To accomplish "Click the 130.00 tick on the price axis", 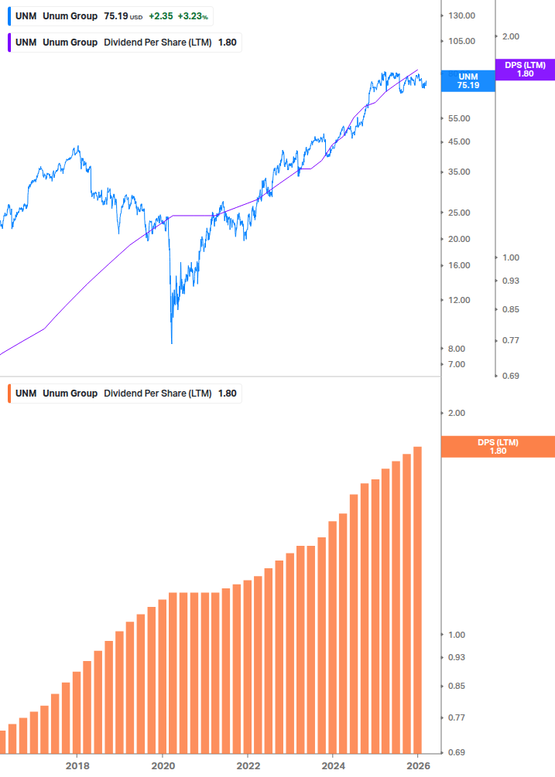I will tap(461, 15).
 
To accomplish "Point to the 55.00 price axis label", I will tap(459, 118).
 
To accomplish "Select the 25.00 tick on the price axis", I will tap(459, 213).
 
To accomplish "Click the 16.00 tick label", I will tap(459, 265).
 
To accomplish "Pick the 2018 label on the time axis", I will tap(77, 765).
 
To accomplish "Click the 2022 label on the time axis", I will tap(248, 765).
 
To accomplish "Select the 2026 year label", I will tap(419, 765).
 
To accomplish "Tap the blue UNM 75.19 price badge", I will tap(468, 81).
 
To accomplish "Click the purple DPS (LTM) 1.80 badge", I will tap(525, 70).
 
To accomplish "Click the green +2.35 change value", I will tap(160, 15).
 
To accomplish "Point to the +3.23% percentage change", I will tap(194, 15).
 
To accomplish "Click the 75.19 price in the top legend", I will tap(115, 15).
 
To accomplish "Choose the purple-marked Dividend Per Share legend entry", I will tap(124, 43).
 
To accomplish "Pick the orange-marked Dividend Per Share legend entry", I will tap(124, 394).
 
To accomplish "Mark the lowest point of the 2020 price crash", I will tap(171, 342).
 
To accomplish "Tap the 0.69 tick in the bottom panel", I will tap(457, 752).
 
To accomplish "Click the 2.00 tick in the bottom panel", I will tap(457, 413).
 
